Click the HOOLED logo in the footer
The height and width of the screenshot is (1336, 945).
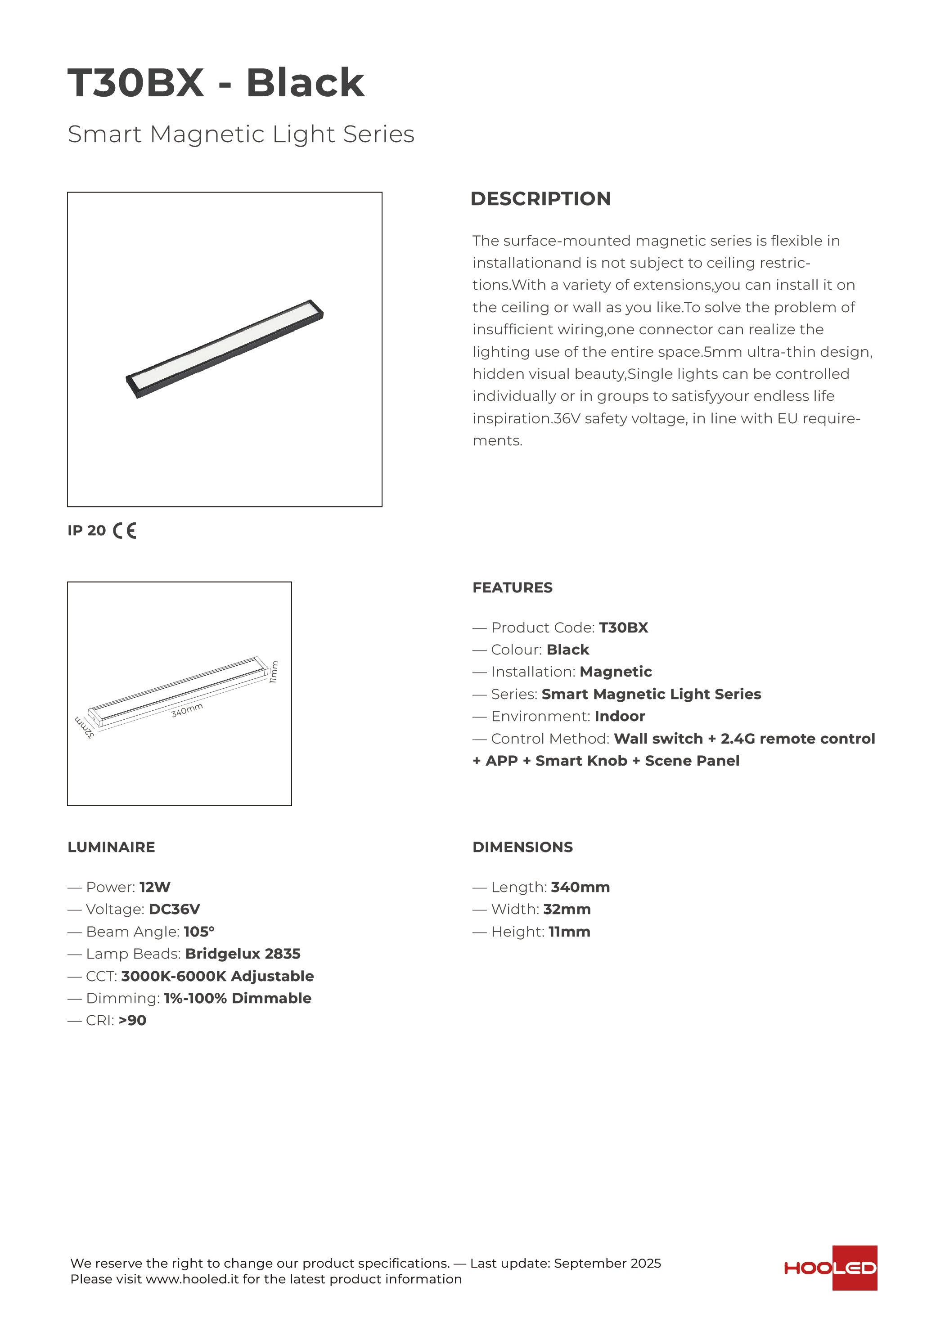point(830,1268)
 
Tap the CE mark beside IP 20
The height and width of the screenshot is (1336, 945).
point(125,531)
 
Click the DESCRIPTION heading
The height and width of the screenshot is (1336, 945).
point(540,198)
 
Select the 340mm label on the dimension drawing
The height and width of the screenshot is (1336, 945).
point(187,710)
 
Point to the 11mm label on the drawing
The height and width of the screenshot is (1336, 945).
point(274,672)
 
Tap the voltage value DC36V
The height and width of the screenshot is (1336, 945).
point(174,909)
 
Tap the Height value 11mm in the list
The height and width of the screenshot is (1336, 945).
point(569,932)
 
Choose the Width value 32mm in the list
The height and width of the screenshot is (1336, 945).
point(567,909)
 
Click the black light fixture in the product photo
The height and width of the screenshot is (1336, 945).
point(225,349)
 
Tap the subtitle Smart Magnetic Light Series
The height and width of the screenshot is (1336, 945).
point(241,134)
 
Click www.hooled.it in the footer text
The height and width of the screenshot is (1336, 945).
point(192,1279)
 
